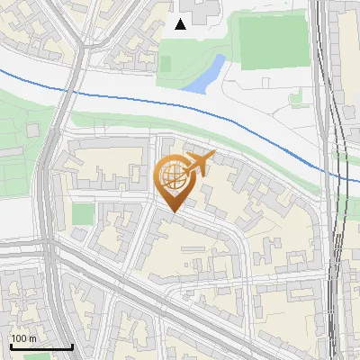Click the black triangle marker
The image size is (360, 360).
pos(181,24)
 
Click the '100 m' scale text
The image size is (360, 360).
pos(24,338)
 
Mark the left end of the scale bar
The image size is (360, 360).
pos(10,346)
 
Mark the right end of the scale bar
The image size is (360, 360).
pos(72,346)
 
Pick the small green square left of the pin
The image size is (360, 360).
pos(83,214)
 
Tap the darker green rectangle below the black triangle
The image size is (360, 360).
pos(165,64)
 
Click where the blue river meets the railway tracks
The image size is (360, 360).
pos(335,171)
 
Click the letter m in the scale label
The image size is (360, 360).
pos(33,338)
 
